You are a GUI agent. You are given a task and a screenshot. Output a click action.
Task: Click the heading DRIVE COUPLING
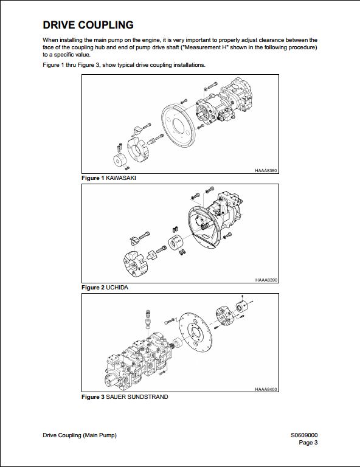(x=88, y=25)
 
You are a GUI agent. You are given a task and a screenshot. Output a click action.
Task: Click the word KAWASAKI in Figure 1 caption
(x=121, y=178)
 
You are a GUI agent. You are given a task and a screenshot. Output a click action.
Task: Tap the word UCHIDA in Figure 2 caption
(x=117, y=288)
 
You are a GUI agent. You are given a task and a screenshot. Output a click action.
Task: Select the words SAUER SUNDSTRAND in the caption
(x=137, y=396)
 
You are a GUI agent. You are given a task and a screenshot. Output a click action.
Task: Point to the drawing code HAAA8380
(x=266, y=171)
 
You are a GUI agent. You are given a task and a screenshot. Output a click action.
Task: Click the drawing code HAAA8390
(x=266, y=280)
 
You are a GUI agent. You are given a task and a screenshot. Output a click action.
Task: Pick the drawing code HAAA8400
(x=266, y=389)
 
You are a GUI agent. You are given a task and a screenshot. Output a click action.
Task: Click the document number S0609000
(x=304, y=435)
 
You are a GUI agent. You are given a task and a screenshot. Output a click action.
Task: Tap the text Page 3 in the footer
(x=308, y=443)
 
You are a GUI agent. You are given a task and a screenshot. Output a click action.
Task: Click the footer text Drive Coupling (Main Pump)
(x=80, y=435)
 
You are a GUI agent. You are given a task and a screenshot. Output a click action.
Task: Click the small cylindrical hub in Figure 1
(x=119, y=161)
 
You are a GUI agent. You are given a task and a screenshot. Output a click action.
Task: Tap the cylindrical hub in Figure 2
(x=176, y=243)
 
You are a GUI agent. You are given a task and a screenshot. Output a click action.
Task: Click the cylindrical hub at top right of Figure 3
(x=242, y=307)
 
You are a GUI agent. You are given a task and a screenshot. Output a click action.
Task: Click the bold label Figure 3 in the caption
(x=93, y=396)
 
